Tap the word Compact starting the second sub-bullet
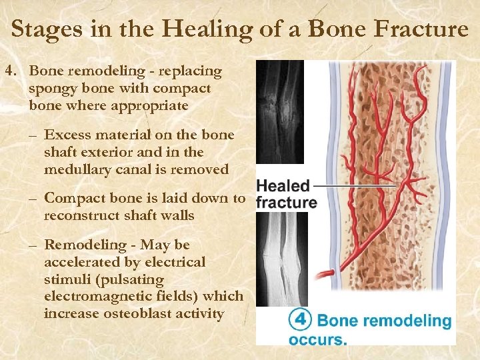tap(73, 198)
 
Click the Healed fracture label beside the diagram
tap(285, 194)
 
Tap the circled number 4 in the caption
tap(300, 319)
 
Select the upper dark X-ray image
tap(280, 112)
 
